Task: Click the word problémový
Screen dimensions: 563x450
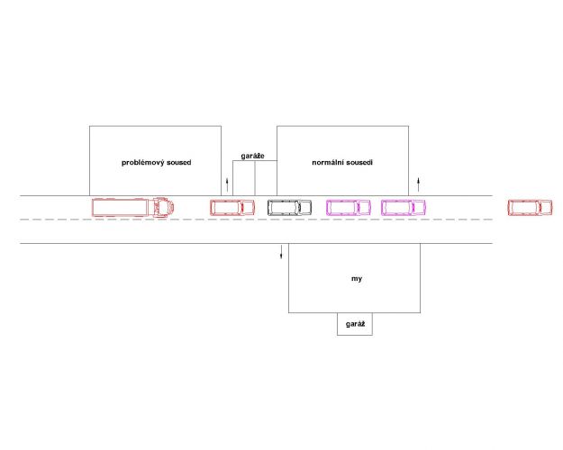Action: [x=142, y=163]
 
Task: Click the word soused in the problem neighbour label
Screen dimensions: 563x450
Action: [x=179, y=163]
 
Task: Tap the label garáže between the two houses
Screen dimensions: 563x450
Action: [x=253, y=156]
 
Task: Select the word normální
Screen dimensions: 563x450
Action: [x=327, y=163]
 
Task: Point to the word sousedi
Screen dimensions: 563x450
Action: [x=359, y=163]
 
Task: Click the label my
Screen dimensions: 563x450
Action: [x=357, y=279]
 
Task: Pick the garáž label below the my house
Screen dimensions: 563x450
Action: [x=356, y=324]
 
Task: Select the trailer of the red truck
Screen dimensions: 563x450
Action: [x=120, y=207]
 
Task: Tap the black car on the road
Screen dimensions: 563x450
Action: [x=289, y=207]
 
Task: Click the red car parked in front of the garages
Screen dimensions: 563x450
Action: [x=232, y=207]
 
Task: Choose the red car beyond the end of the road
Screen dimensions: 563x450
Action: [x=530, y=208]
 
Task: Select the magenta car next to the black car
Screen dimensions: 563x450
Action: [x=349, y=207]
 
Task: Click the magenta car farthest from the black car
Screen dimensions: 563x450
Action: [x=404, y=207]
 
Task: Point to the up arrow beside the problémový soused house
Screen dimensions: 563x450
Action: [x=227, y=184]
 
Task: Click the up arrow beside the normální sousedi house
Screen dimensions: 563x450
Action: [x=418, y=184]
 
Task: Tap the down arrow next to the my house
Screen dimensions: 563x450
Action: [x=281, y=251]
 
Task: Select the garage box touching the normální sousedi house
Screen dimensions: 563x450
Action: [x=266, y=178]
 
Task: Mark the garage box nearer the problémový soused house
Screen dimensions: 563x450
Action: [x=244, y=178]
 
